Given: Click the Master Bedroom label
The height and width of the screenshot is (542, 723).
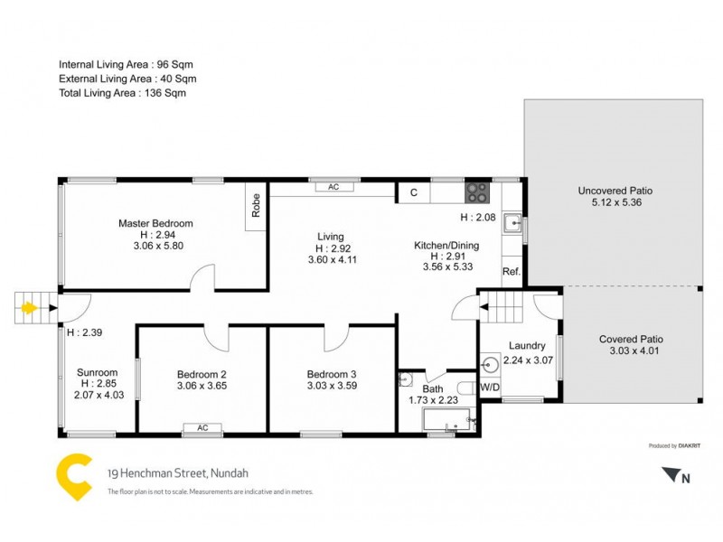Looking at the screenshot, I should coord(156,223).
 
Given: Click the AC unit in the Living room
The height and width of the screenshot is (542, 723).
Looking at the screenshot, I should coord(333,187).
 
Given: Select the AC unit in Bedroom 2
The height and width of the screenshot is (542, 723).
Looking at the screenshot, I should coord(202,428).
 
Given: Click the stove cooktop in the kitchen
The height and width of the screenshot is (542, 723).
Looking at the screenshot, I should coord(477,192).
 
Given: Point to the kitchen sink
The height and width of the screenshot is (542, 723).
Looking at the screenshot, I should coord(512,221).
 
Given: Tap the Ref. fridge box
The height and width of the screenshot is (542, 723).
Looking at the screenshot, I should coord(511,272).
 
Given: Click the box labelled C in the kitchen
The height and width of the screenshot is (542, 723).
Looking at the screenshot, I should coord(414,192).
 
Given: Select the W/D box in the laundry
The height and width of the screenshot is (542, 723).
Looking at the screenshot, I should coord(489,388).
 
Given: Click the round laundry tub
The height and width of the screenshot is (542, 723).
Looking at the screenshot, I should coord(491,366).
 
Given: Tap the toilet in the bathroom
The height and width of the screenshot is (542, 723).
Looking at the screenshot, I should coord(462,378).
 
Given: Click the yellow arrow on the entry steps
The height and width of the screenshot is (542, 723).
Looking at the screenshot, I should coord(29,308).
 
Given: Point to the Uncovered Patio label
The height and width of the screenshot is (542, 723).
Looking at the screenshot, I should coord(615,192).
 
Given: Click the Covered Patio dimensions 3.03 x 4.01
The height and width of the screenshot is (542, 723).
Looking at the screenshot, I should coord(632,350).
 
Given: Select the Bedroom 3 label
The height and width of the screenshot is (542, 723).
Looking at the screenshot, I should coord(332,375).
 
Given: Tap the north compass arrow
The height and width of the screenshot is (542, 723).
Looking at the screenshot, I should coord(670,474).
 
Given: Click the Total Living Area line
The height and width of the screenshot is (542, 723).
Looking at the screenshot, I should coord(122,93).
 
